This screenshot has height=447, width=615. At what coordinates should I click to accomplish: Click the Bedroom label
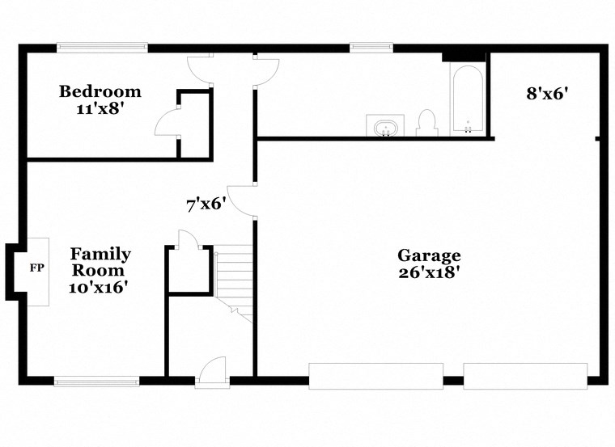click(x=100, y=91)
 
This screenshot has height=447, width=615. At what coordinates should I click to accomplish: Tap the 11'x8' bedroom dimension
click(x=100, y=108)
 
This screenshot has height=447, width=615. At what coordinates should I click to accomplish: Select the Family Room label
click(x=100, y=262)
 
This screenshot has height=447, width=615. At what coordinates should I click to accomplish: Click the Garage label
click(x=429, y=256)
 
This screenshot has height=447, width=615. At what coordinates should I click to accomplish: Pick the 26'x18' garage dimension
click(x=429, y=273)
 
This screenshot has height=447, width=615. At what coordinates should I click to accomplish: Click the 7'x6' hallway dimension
click(x=205, y=205)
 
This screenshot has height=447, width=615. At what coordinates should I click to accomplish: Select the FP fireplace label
click(x=36, y=268)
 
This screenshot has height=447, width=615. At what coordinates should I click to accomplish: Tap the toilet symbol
click(x=426, y=123)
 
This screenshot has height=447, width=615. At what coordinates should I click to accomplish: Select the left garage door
click(x=375, y=376)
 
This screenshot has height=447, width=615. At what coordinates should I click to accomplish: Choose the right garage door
click(x=524, y=376)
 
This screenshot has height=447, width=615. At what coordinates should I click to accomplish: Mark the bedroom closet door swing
click(x=167, y=123)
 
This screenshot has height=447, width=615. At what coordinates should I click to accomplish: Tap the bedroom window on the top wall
click(x=101, y=48)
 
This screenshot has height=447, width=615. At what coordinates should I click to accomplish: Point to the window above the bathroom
click(x=371, y=48)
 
